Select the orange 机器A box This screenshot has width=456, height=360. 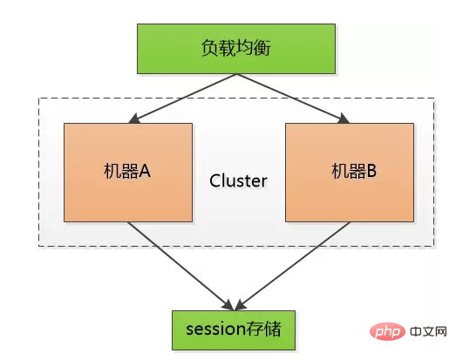(x=128, y=171)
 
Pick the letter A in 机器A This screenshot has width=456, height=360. (x=145, y=172)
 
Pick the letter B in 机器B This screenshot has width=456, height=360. (x=370, y=172)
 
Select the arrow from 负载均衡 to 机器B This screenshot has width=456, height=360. (x=292, y=98)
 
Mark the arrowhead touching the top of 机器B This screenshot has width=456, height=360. (x=344, y=119)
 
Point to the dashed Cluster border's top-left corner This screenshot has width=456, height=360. (x=38, y=98)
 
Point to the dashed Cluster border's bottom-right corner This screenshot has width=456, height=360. (x=434, y=246)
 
